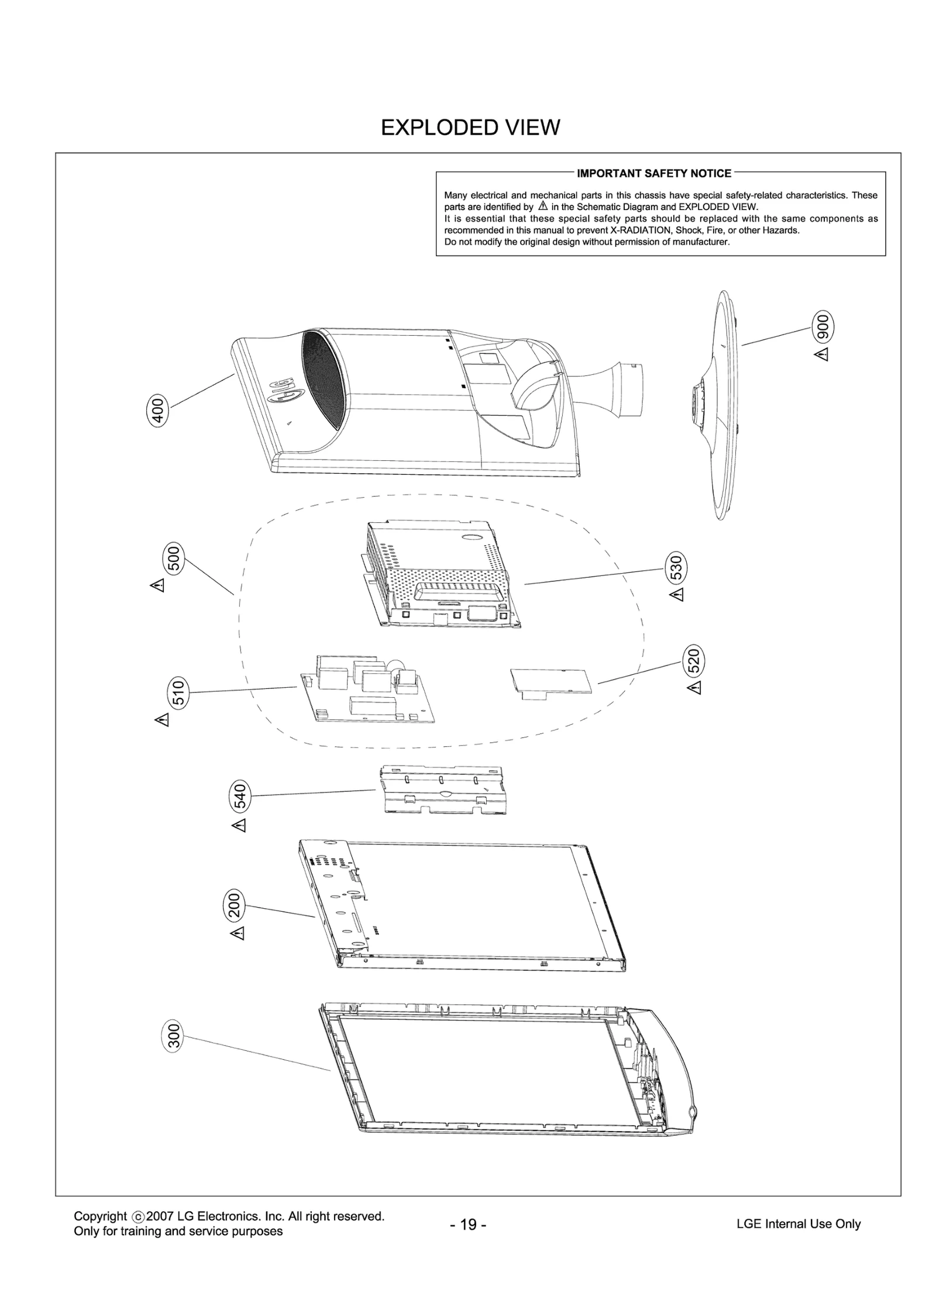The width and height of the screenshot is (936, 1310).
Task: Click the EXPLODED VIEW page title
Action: click(x=470, y=127)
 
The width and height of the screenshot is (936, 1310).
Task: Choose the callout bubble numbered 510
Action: click(x=178, y=693)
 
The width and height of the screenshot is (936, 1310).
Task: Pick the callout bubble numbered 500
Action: click(x=174, y=559)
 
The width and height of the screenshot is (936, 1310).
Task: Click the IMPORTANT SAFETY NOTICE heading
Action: click(x=653, y=173)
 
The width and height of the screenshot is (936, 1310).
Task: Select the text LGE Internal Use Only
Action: click(x=798, y=1223)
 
